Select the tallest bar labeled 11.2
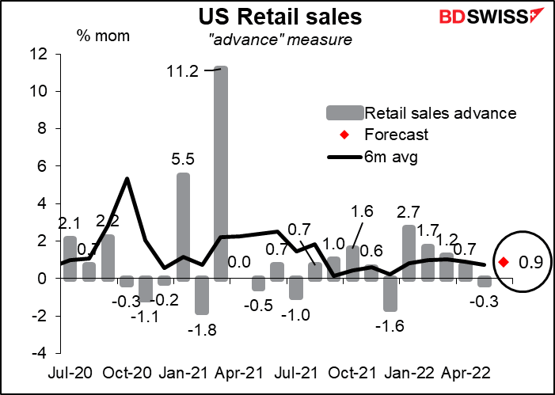[221, 173]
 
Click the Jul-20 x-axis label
[70, 371]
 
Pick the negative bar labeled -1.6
[390, 294]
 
